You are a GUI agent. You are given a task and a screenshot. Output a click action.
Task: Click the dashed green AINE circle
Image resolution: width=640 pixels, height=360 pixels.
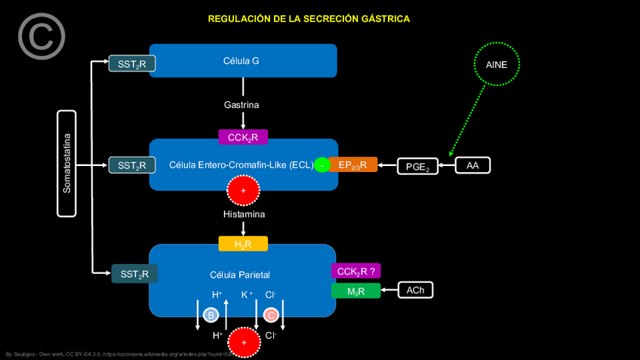pos(497,65)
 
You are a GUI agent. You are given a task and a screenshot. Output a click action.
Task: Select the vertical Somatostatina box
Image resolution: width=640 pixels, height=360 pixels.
pos(66,164)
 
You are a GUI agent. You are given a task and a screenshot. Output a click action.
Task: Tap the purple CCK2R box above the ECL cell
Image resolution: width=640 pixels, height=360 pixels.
pos(243,137)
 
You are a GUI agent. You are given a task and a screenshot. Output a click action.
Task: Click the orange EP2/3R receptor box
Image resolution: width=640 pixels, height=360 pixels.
pos(352,165)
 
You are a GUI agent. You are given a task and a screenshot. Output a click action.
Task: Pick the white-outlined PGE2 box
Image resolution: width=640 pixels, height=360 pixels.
pos(417,166)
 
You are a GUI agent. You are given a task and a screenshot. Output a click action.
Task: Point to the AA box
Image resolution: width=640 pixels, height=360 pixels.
pos(472,165)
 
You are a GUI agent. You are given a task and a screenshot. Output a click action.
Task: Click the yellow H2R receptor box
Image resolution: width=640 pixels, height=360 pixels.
pos(243,244)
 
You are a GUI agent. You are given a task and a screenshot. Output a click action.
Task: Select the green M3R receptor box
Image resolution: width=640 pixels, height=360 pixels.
pos(355,291)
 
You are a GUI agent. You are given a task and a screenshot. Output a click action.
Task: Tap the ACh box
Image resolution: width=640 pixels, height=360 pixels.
pos(415,290)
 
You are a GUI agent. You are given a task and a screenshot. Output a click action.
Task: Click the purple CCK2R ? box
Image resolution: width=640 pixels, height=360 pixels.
pos(355,271)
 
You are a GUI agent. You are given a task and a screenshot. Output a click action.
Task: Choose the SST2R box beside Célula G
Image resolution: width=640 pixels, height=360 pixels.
pos(132,64)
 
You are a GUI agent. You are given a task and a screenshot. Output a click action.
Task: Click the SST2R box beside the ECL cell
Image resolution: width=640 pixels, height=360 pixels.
pos(132,165)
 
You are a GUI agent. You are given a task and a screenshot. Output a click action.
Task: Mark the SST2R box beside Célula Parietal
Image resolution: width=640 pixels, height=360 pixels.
pos(135,274)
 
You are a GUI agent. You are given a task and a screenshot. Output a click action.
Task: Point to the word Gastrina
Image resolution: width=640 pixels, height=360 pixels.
pos(242,105)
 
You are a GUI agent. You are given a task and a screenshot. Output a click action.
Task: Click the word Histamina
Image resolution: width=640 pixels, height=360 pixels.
pos(244,214)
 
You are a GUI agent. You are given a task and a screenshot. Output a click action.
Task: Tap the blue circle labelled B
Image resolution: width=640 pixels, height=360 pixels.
pos(211,314)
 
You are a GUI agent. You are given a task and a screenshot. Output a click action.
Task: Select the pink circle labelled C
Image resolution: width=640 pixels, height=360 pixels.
pos(271,314)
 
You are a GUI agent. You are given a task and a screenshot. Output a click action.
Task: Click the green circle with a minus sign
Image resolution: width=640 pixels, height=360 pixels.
pos(322,165)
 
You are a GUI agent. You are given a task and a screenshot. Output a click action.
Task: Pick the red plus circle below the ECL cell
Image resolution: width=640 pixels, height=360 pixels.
pos(243,192)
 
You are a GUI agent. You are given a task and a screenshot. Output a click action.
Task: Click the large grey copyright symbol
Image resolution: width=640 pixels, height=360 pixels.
pos(42,36)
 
